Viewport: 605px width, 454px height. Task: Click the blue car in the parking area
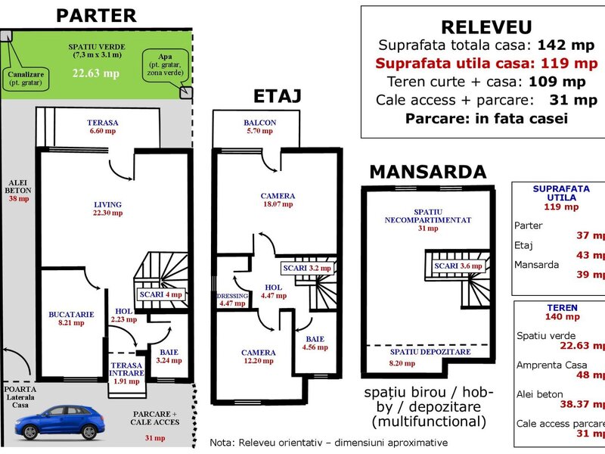pyautogui.click(x=60, y=421)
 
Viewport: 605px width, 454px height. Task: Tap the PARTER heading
pyautogui.click(x=96, y=15)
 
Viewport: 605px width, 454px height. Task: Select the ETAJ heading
pyautogui.click(x=277, y=96)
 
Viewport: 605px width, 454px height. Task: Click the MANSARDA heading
pyautogui.click(x=427, y=172)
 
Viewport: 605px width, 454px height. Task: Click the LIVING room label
pyautogui.click(x=107, y=204)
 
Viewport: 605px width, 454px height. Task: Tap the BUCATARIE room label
pyautogui.click(x=70, y=313)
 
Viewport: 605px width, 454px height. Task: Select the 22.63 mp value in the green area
pyautogui.click(x=95, y=74)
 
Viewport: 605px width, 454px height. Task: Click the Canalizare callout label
pyautogui.click(x=25, y=78)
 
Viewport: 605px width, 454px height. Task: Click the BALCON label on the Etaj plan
pyautogui.click(x=259, y=123)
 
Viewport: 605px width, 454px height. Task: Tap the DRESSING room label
pyautogui.click(x=232, y=296)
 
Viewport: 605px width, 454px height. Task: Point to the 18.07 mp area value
pyautogui.click(x=278, y=204)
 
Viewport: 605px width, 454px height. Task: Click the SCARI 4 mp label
pyautogui.click(x=161, y=294)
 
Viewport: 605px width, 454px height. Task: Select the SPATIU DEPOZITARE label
pyautogui.click(x=430, y=352)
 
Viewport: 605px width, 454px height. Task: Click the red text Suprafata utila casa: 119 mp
pyautogui.click(x=486, y=62)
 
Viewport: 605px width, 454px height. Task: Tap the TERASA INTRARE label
pyautogui.click(x=126, y=369)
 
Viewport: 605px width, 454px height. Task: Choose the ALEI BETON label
pyautogui.click(x=18, y=186)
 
